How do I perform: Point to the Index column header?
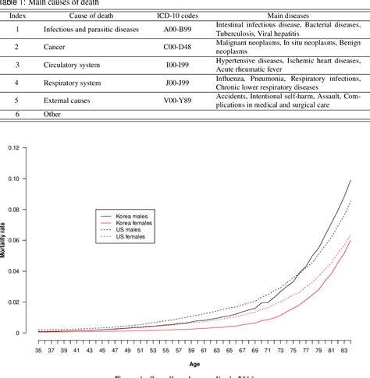[16, 14]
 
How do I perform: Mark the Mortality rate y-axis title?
[4, 242]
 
